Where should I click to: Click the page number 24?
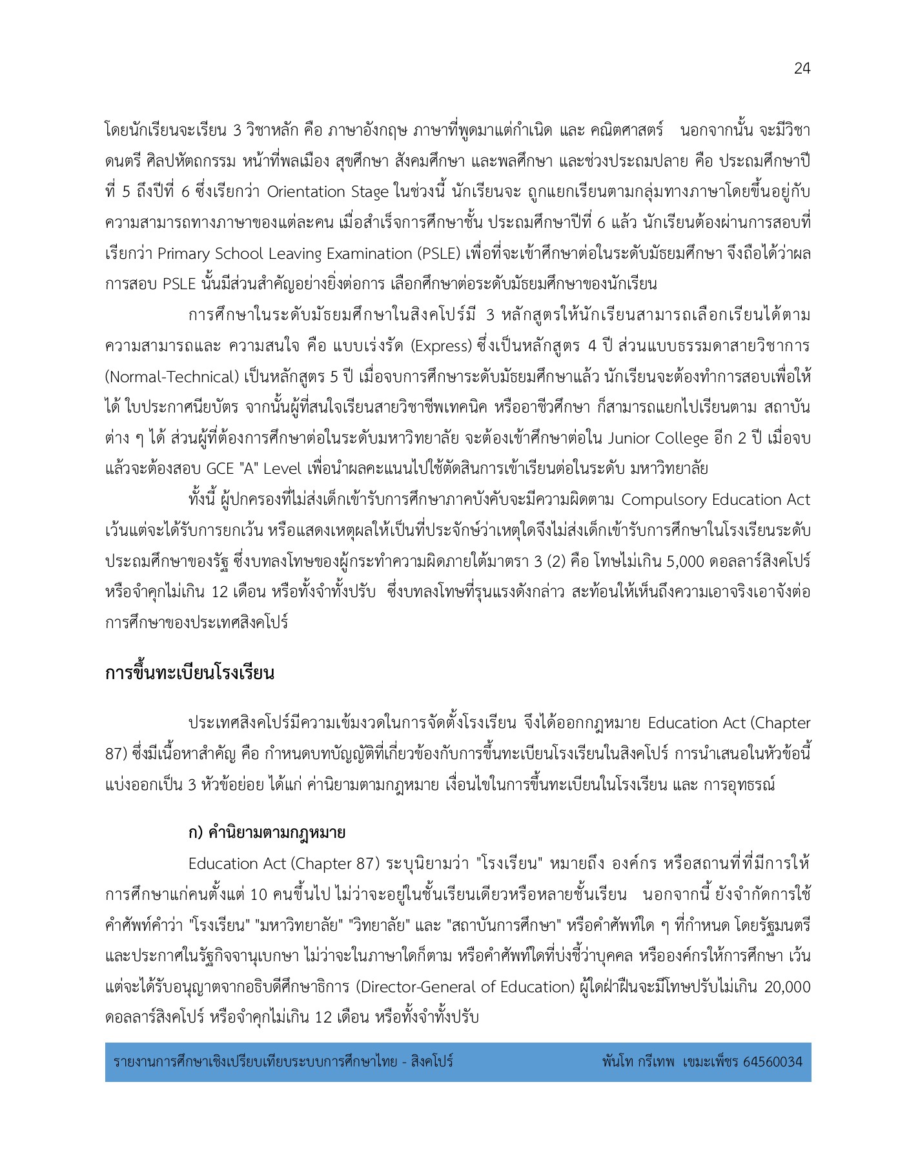[801, 68]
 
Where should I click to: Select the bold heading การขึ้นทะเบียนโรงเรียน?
[190, 673]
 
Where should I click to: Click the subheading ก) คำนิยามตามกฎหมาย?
[267, 833]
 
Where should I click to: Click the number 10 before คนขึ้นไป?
[258, 895]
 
